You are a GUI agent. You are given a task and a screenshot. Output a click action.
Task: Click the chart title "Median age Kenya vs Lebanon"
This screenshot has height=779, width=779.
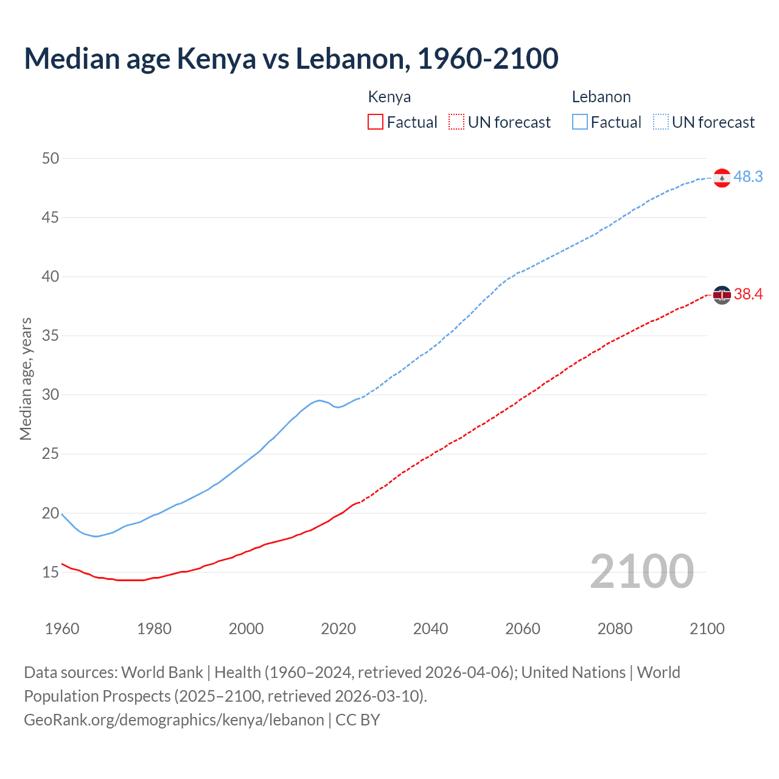[x=291, y=59]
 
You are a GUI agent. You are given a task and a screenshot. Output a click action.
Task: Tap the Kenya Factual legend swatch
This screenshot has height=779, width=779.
[x=376, y=122]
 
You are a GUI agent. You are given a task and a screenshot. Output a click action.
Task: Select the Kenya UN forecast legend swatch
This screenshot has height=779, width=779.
[x=456, y=122]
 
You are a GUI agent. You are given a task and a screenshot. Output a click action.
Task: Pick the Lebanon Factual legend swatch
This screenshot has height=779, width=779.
[x=580, y=122]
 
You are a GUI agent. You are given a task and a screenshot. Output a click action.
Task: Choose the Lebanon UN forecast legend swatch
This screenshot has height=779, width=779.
[x=661, y=122]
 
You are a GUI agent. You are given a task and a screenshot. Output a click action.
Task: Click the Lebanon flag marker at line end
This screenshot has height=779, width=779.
[x=722, y=178]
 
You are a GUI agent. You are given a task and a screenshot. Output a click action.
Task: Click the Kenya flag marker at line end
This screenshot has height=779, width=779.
[x=722, y=295]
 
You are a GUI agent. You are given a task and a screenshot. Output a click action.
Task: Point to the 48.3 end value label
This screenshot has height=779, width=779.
[x=748, y=176]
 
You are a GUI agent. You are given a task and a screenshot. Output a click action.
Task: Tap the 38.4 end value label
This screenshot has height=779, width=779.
[x=748, y=295]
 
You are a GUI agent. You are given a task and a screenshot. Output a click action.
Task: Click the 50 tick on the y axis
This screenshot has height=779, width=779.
[x=51, y=158]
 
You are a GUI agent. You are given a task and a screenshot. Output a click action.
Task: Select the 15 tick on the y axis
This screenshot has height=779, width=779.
[x=51, y=572]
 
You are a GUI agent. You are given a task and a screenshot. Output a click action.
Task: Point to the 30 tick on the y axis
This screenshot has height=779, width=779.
[x=51, y=395]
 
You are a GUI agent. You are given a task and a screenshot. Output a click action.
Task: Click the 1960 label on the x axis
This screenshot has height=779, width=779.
[x=62, y=629]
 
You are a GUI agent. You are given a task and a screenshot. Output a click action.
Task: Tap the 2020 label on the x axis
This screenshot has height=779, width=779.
[x=338, y=629]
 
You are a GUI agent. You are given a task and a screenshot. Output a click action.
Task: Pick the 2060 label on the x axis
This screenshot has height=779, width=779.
[x=523, y=629]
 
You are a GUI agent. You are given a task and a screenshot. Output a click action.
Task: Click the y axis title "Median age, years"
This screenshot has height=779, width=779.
[x=26, y=379]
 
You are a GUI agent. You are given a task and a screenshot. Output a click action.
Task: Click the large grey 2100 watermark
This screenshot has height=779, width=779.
[x=642, y=571]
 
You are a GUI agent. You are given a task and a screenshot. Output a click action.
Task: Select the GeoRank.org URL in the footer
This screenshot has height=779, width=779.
[x=174, y=720]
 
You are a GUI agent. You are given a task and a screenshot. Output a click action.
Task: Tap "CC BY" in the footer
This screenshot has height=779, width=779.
[x=358, y=720]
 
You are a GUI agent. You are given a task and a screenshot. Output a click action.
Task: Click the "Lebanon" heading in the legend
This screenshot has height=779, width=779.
[x=601, y=97]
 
